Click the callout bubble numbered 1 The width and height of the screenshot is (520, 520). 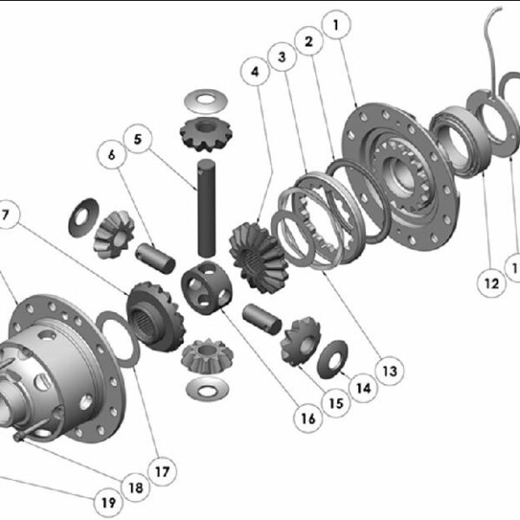tap(336, 25)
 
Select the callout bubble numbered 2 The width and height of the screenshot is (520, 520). tap(309, 41)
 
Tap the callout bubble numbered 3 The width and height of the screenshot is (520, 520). tap(282, 56)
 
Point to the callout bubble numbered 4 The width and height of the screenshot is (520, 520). tap(255, 71)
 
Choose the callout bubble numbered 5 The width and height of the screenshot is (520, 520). tap(138, 139)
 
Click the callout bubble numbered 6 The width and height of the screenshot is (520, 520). tap(112, 154)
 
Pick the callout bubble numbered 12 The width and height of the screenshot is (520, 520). tap(491, 283)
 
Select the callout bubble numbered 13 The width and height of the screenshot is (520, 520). tap(390, 371)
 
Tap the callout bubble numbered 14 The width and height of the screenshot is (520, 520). tap(364, 388)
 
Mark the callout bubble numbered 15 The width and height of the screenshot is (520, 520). tap(336, 403)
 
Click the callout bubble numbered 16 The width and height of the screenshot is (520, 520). tap(308, 419)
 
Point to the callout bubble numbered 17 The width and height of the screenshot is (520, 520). tap(162, 471)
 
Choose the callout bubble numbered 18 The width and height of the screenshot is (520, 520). tap(136, 487)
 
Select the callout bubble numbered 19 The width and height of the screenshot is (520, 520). tap(108, 503)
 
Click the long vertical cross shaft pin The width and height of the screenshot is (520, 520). tap(206, 208)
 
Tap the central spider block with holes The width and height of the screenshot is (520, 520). tap(206, 287)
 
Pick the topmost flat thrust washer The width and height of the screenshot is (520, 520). tap(206, 101)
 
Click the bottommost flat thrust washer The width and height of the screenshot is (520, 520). tap(208, 388)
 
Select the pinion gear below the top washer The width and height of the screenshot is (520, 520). tap(206, 134)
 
